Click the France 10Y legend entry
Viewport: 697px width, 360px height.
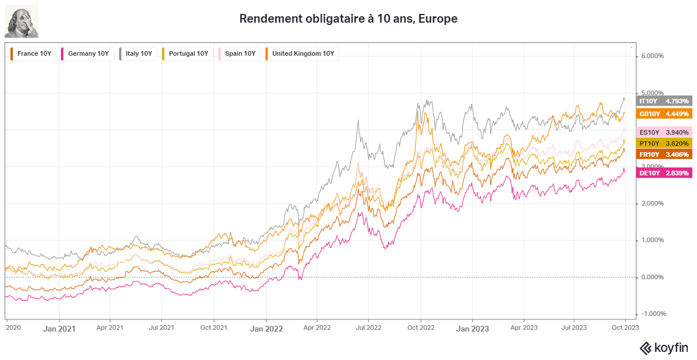point(33,54)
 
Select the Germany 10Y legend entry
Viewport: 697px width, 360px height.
point(87,54)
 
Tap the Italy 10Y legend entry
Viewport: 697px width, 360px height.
point(138,54)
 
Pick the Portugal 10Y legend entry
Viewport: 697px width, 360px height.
point(188,54)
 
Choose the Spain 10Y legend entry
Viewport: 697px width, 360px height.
point(239,54)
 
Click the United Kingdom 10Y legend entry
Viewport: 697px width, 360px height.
point(302,54)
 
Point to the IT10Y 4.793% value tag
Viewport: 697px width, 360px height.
point(664,101)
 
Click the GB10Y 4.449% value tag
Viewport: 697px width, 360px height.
point(664,114)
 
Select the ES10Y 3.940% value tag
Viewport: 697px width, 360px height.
point(664,132)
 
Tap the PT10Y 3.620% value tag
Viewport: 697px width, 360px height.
point(664,143)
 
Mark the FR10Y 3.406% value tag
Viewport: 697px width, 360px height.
point(664,154)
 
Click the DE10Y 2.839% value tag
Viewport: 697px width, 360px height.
point(664,173)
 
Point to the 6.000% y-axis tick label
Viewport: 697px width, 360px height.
point(652,56)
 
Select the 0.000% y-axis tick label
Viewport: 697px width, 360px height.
point(652,277)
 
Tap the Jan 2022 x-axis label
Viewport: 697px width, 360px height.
point(267,329)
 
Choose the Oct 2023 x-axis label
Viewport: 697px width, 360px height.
point(626,327)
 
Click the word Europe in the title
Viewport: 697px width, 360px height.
point(438,19)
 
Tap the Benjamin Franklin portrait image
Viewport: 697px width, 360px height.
point(21,21)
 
